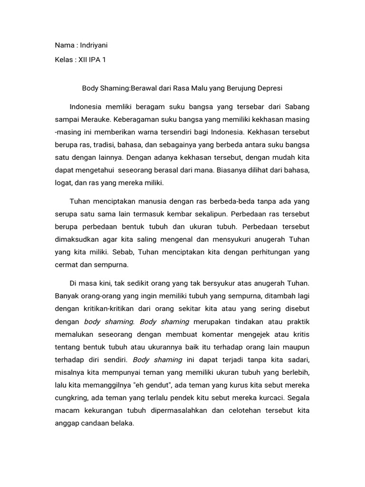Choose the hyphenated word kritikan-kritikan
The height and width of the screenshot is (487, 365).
point(111,309)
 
